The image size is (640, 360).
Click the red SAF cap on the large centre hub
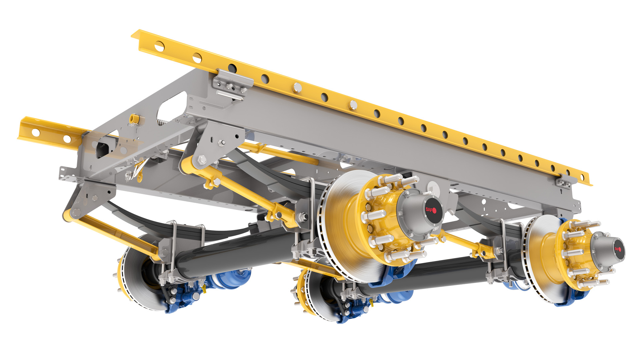(434, 210)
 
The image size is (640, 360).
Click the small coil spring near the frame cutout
(162, 122)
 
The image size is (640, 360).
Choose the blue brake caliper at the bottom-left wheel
(183, 297)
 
